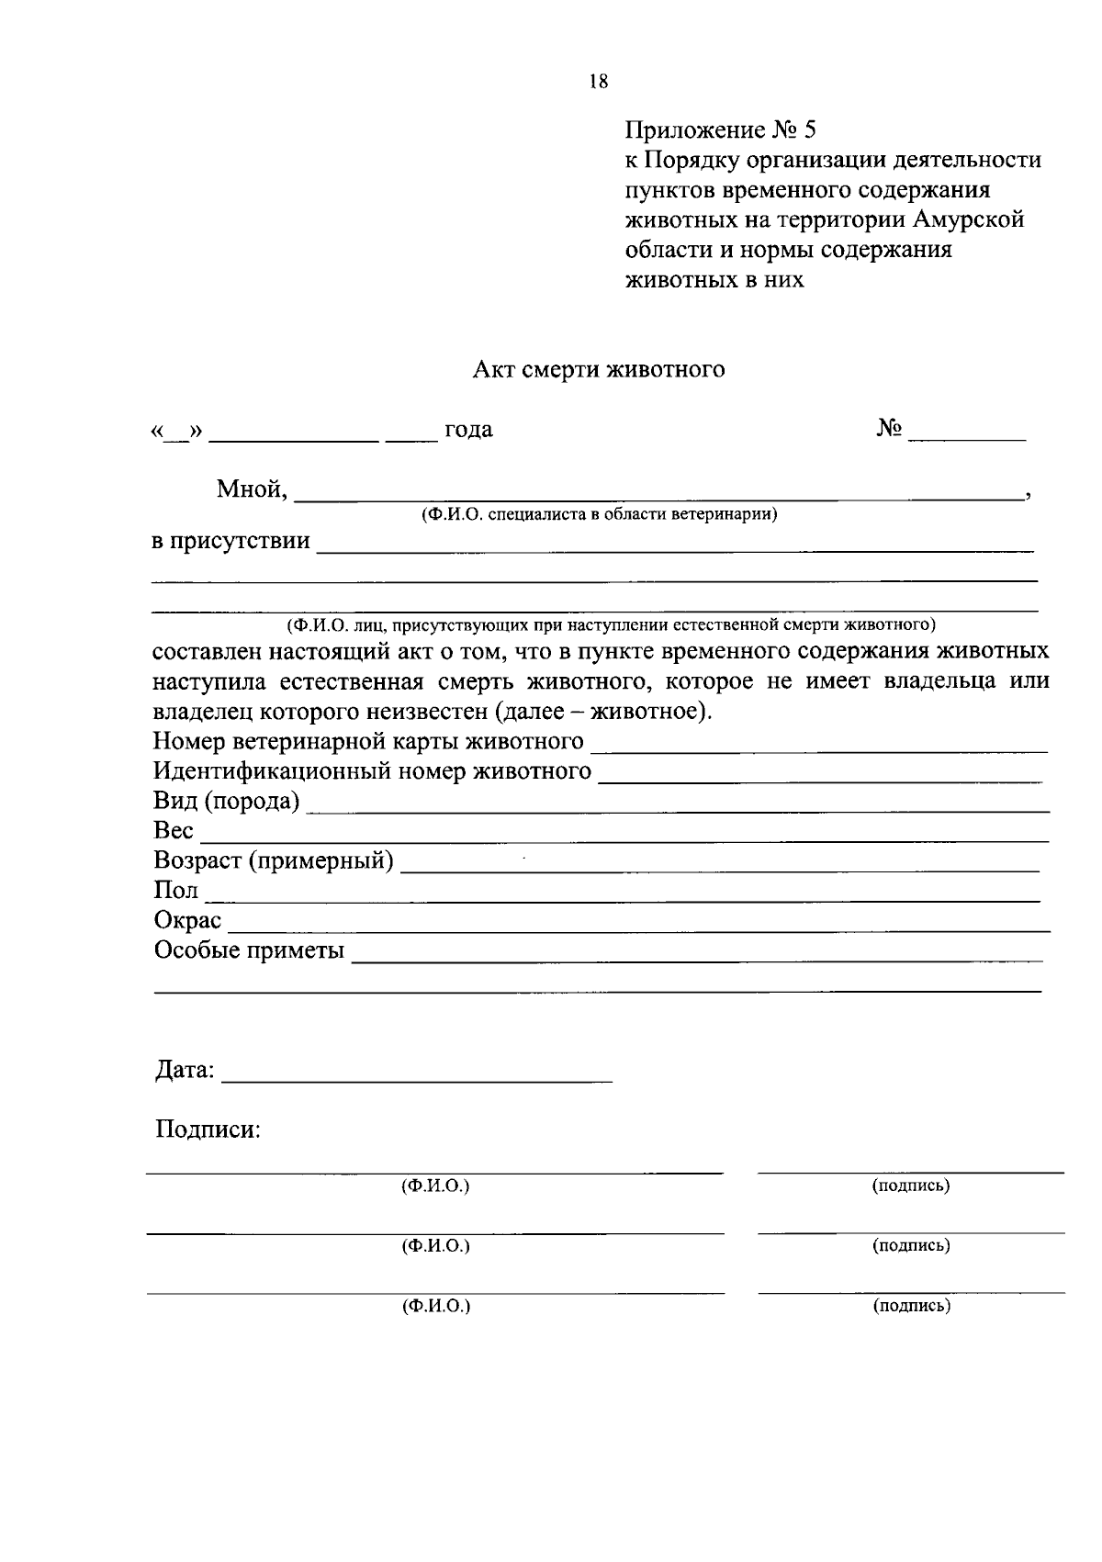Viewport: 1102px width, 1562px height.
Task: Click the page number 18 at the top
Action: click(597, 82)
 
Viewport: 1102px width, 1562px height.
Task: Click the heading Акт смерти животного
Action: click(599, 369)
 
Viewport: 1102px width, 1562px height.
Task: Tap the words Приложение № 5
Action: click(719, 129)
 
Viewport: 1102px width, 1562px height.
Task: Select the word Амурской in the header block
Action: click(968, 219)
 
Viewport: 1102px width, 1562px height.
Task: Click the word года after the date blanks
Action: click(468, 430)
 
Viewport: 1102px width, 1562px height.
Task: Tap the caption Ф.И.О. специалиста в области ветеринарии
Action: click(599, 514)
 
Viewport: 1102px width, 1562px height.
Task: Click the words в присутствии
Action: click(231, 541)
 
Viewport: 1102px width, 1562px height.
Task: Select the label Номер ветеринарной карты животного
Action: click(368, 740)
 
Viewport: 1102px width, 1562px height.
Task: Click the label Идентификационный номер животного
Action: click(372, 770)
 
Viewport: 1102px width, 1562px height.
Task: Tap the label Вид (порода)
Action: click(226, 801)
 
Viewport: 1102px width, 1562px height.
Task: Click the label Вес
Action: click(174, 830)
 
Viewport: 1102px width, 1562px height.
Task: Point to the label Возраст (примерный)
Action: click(274, 860)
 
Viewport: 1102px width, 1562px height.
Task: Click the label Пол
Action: click(175, 890)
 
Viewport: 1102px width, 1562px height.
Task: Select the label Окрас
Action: click(187, 920)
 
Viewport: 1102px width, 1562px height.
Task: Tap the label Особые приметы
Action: click(249, 950)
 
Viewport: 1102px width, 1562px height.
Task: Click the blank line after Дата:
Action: click(418, 1078)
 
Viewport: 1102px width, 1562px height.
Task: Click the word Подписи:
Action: click(208, 1129)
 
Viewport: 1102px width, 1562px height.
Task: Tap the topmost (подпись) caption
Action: click(910, 1186)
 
